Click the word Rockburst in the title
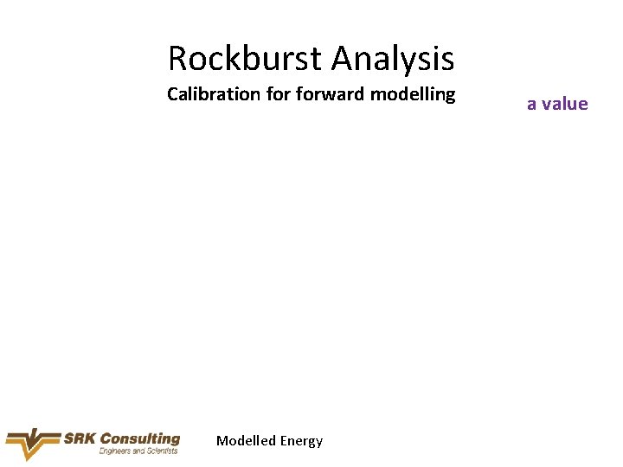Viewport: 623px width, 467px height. coord(246,59)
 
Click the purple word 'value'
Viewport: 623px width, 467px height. coord(565,104)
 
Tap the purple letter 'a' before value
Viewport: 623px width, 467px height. coord(532,105)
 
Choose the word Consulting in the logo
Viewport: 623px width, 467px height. coord(139,438)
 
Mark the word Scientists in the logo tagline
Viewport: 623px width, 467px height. coord(161,451)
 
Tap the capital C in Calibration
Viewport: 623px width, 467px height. coord(172,94)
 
